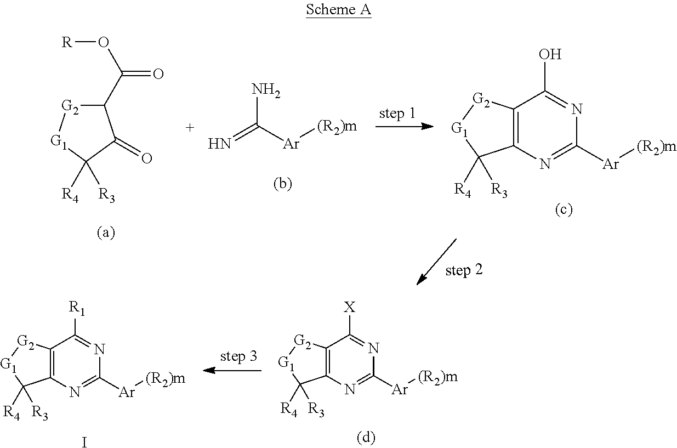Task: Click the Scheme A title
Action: pyautogui.click(x=339, y=10)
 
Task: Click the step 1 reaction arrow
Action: pyautogui.click(x=405, y=126)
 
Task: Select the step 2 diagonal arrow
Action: pyautogui.click(x=436, y=262)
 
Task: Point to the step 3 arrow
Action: pyautogui.click(x=232, y=370)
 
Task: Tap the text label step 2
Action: pyautogui.click(x=464, y=270)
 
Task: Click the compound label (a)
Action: pyautogui.click(x=106, y=233)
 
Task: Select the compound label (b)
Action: pyautogui.click(x=283, y=184)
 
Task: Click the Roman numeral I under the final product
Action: pyautogui.click(x=84, y=443)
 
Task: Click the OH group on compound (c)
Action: pyautogui.click(x=550, y=54)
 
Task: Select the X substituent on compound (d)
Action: pyautogui.click(x=350, y=308)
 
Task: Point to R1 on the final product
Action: pyautogui.click(x=77, y=308)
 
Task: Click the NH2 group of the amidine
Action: pyautogui.click(x=266, y=90)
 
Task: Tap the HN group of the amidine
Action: pyautogui.click(x=219, y=144)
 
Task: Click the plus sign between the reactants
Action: pyautogui.click(x=190, y=128)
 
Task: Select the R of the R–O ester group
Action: pyautogui.click(x=67, y=43)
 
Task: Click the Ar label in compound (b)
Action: pyautogui.click(x=291, y=144)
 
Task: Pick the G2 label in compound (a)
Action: pyautogui.click(x=70, y=107)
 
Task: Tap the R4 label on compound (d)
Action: pyautogui.click(x=289, y=410)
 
